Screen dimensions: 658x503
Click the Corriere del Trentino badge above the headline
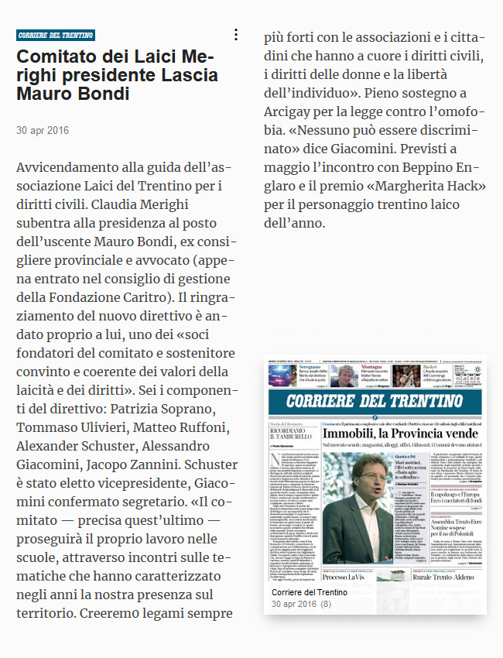(56, 35)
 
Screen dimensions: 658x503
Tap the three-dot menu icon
(236, 35)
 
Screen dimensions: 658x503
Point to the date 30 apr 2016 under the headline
(43, 130)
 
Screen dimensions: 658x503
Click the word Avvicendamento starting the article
(75, 168)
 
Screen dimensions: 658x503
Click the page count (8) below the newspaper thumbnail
(326, 604)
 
